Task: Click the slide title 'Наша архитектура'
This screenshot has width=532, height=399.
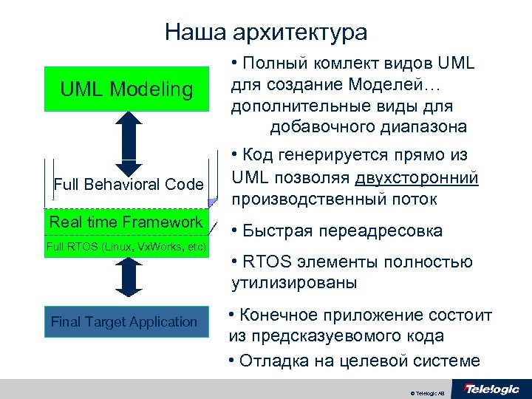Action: [x=266, y=33]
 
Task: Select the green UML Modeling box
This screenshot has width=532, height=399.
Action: [x=126, y=89]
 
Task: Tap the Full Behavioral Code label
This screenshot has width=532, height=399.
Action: [x=129, y=184]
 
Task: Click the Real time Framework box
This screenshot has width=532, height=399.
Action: [x=126, y=223]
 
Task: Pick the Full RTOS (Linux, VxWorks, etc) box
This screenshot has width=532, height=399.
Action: [x=126, y=246]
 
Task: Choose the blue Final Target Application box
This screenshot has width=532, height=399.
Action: [x=124, y=321]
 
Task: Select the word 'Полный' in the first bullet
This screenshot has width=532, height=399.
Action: [x=275, y=64]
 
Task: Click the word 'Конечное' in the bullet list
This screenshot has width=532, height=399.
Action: [x=281, y=316]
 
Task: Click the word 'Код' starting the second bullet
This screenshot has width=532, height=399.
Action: [x=257, y=155]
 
